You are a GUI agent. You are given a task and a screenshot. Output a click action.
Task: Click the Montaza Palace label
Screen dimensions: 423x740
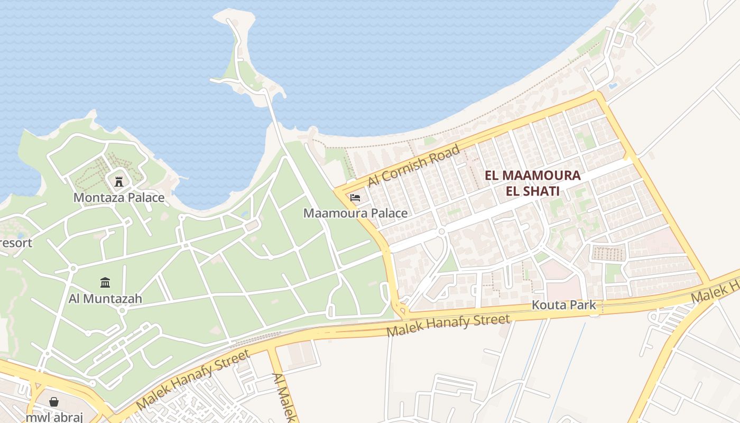point(119,198)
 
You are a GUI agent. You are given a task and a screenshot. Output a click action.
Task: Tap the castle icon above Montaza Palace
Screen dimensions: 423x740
point(119,181)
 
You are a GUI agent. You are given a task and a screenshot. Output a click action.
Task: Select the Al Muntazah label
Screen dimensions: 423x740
point(105,299)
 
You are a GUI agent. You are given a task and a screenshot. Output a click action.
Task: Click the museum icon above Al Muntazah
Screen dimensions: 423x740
point(105,283)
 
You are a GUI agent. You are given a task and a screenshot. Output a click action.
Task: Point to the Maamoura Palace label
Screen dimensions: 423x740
point(355,213)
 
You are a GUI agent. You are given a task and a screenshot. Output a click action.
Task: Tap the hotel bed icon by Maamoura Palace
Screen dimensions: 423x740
point(355,198)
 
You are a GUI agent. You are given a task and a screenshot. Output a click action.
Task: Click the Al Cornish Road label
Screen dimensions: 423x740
point(414,165)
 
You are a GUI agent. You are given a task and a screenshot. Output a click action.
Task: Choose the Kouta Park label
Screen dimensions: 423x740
point(563,305)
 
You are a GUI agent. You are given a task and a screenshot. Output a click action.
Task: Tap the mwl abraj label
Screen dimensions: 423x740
point(54,417)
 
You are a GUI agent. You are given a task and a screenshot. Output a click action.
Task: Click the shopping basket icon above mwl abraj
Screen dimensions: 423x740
point(54,402)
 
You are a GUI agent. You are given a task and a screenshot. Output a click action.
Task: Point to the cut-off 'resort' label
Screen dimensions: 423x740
point(16,243)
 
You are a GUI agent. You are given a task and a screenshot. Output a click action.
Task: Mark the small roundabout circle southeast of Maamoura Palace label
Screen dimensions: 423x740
point(441,232)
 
